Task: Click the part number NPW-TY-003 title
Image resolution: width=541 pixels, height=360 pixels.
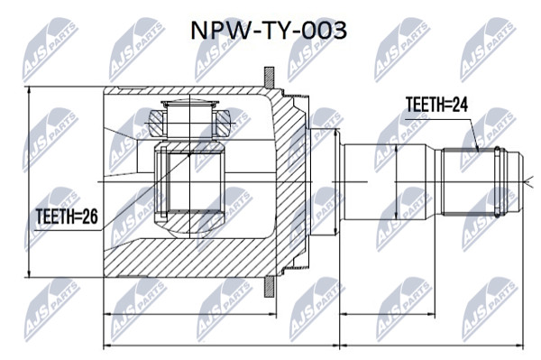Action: pyautogui.click(x=269, y=31)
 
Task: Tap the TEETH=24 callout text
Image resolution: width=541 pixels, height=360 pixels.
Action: pyautogui.click(x=436, y=105)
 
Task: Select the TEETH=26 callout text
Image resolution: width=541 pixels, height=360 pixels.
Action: pyautogui.click(x=67, y=217)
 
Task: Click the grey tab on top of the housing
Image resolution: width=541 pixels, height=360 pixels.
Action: pyautogui.click(x=269, y=77)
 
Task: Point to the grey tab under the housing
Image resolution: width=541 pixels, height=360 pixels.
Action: pyautogui.click(x=270, y=287)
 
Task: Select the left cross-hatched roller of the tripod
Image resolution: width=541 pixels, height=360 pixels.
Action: pyautogui.click(x=156, y=124)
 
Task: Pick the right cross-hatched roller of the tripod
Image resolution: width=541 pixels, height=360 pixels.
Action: pyautogui.click(x=223, y=124)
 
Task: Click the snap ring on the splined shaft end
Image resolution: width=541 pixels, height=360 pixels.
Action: pyautogui.click(x=497, y=182)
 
